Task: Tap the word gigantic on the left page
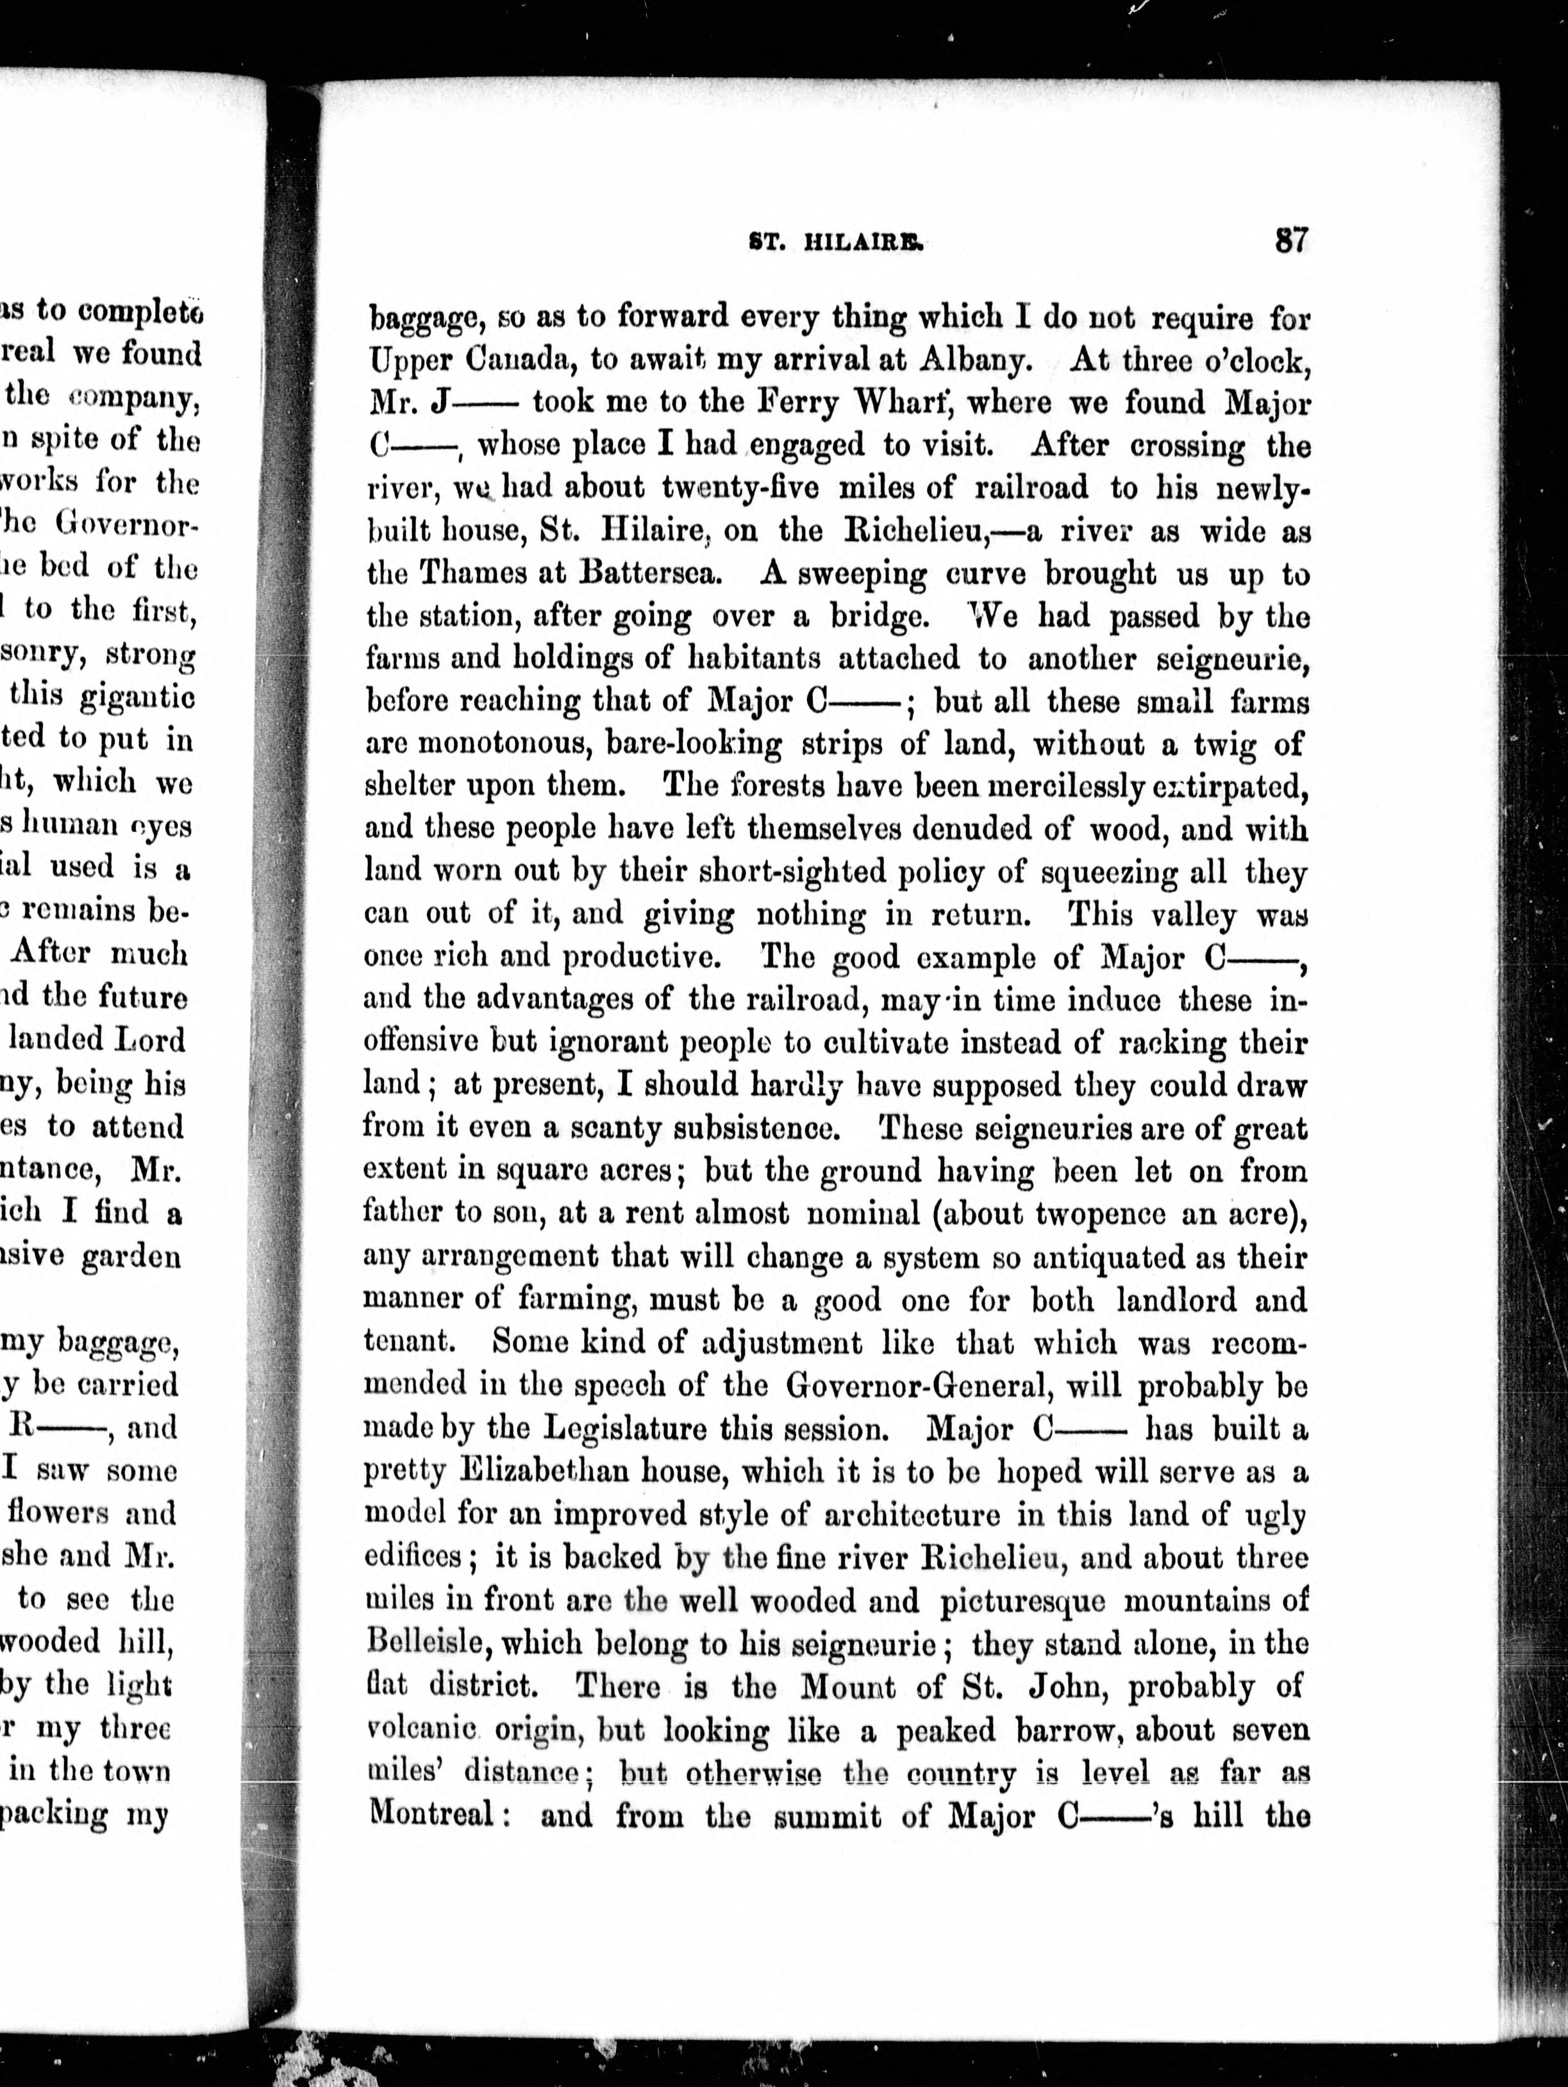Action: (x=124, y=696)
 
